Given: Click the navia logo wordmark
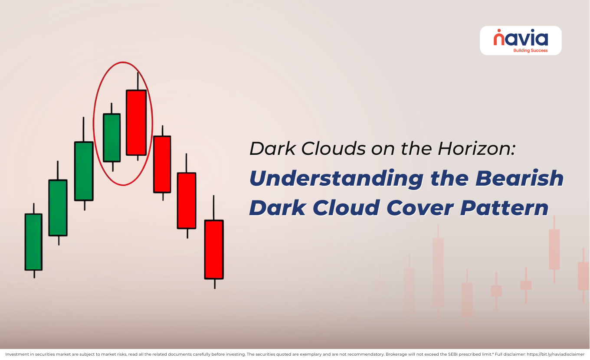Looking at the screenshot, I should [x=521, y=38].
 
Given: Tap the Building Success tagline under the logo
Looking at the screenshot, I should [x=530, y=50].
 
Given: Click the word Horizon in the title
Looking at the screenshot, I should [x=477, y=148].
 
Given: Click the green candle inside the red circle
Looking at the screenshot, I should [x=111, y=137].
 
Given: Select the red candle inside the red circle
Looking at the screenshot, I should [x=136, y=122].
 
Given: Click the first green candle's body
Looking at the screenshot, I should [x=33, y=242].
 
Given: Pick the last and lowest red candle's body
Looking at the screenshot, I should [x=214, y=249].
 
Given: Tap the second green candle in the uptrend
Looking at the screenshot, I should [x=58, y=208].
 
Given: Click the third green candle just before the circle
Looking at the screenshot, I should [x=84, y=171].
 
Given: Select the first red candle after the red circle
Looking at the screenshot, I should [x=162, y=164].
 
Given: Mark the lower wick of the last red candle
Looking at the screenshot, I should [x=214, y=284].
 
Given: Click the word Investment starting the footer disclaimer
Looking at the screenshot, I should [x=16, y=354].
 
